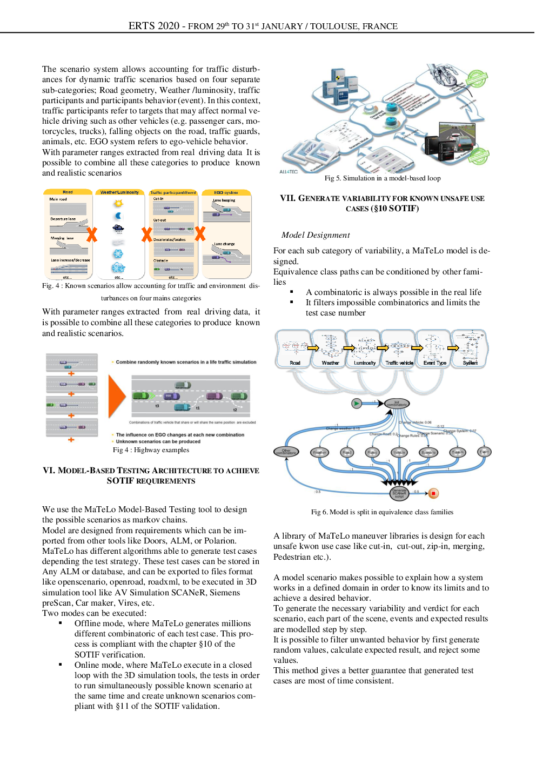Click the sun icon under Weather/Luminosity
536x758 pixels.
pyautogui.click(x=118, y=203)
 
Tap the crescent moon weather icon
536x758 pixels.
pyautogui.click(x=118, y=216)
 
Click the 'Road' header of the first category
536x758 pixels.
pyautogui.click(x=68, y=192)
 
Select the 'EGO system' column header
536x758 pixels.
pyautogui.click(x=226, y=192)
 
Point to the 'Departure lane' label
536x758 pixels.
pyautogui.click(x=63, y=219)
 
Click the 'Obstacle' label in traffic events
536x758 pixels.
pyautogui.click(x=160, y=260)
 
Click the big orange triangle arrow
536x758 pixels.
pyautogui.click(x=117, y=397)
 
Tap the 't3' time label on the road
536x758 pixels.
pyautogui.click(x=157, y=405)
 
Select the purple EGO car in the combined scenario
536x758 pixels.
pyautogui.click(x=171, y=396)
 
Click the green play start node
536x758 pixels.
pyautogui.click(x=356, y=403)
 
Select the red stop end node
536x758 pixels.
pyautogui.click(x=433, y=493)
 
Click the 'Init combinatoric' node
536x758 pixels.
pyautogui.click(x=397, y=403)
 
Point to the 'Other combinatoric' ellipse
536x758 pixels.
pyautogui.click(x=286, y=452)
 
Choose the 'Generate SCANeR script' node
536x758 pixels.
pyautogui.click(x=399, y=493)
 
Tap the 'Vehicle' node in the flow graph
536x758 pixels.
pyautogui.click(x=399, y=452)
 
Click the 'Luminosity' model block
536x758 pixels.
pyautogui.click(x=364, y=348)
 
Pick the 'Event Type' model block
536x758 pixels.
pyautogui.click(x=434, y=348)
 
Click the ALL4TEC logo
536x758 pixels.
pyautogui.click(x=289, y=172)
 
